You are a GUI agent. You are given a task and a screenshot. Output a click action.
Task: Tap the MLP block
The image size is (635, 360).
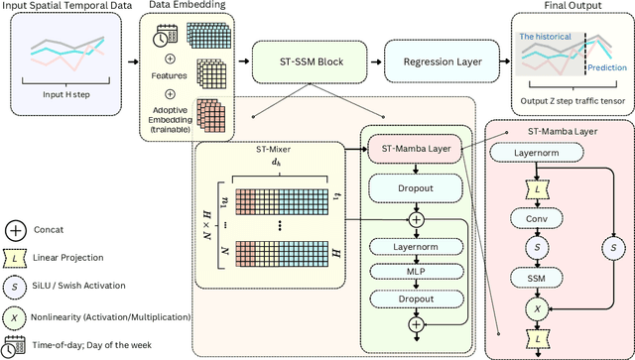tap(416, 271)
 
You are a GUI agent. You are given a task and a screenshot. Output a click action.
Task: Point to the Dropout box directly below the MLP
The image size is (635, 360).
tap(416, 298)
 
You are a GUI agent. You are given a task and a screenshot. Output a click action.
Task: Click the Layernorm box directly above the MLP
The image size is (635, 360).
tap(416, 246)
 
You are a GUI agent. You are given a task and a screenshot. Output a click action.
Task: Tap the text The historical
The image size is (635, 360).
tap(547, 37)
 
